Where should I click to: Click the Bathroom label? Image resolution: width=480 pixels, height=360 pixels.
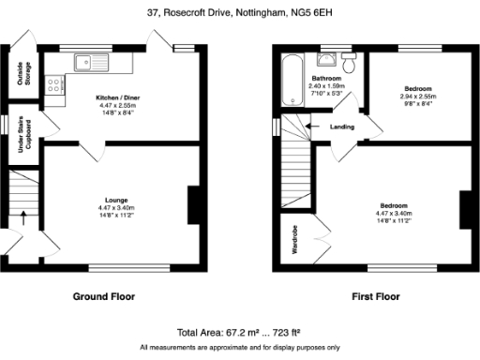(325, 78)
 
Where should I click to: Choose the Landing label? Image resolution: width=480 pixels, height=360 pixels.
(343, 127)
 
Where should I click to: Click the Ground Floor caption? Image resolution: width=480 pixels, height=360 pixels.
(104, 296)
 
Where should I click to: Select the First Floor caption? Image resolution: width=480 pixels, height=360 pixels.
(375, 296)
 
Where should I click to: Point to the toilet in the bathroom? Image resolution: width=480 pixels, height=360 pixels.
(348, 63)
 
